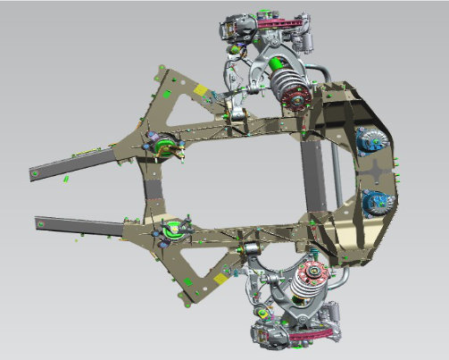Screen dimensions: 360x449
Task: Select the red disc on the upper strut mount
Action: [296, 99]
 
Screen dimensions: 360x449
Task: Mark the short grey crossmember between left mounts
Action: [156, 188]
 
